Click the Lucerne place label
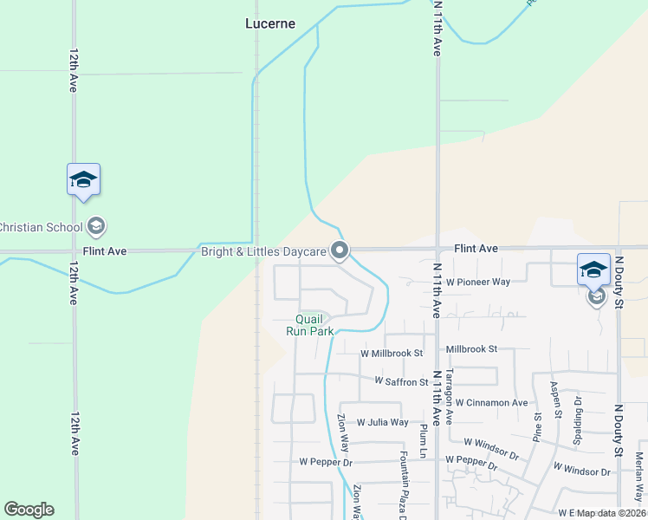coord(270,24)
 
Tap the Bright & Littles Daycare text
coord(262,252)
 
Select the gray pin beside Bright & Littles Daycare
coord(340,251)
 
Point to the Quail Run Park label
coord(309,325)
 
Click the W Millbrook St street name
coord(392,354)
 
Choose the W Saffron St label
coord(401,381)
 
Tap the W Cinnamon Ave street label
coord(491,403)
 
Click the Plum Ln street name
coord(423,438)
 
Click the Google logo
coord(29,510)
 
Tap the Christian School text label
coord(41,227)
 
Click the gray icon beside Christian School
coord(96,227)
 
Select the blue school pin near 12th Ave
coord(83,180)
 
